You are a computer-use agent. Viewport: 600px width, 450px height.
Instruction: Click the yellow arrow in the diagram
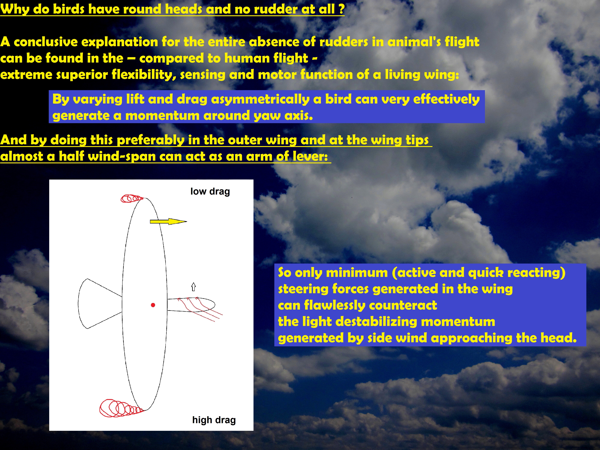[168, 222]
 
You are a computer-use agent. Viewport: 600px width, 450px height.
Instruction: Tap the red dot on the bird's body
[153, 305]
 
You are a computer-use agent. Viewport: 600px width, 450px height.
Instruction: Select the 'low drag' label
[210, 192]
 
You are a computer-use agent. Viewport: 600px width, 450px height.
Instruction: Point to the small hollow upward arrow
[193, 287]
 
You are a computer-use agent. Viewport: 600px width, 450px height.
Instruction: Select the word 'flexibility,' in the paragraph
[144, 75]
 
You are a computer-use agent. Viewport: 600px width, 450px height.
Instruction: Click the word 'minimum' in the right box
[357, 273]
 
